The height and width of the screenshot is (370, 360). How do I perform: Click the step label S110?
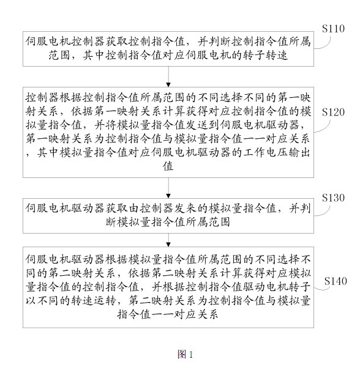click(x=333, y=29)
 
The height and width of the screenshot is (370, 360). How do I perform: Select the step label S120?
click(x=333, y=112)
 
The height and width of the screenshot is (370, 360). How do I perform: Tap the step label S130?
click(x=333, y=198)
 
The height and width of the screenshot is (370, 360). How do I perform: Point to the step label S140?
click(x=336, y=281)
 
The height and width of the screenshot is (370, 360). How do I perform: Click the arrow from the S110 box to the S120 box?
click(x=168, y=76)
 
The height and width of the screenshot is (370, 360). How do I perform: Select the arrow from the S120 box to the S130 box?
click(x=168, y=188)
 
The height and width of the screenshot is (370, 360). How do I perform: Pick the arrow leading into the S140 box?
click(x=168, y=240)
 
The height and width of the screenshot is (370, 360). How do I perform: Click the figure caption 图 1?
click(x=185, y=354)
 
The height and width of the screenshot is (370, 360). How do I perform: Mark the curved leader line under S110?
click(x=325, y=45)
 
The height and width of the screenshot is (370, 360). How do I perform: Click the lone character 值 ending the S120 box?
click(x=168, y=166)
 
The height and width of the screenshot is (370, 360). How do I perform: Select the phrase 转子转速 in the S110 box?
click(x=265, y=56)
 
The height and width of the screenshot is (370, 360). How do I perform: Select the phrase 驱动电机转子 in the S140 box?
click(x=277, y=287)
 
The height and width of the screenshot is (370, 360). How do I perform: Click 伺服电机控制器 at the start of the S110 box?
click(x=65, y=42)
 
